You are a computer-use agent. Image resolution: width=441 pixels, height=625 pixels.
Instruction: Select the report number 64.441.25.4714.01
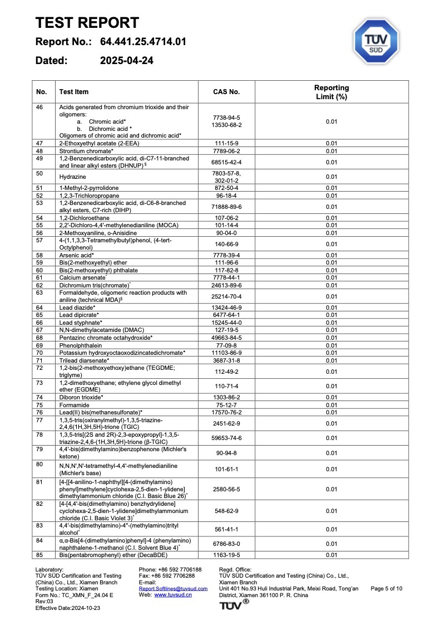pos(143,42)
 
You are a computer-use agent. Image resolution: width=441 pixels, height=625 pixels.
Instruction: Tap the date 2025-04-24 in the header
pos(127,60)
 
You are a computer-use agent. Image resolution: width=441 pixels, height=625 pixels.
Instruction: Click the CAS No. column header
pos(226,92)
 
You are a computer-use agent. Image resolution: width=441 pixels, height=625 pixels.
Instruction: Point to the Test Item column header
pos(74,92)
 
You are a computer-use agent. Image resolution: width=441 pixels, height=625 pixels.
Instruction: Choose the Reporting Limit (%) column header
pos(331,92)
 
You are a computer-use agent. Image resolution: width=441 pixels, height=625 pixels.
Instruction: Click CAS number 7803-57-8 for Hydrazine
pos(226,173)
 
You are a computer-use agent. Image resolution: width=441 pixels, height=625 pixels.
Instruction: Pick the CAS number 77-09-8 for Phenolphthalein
pos(226,345)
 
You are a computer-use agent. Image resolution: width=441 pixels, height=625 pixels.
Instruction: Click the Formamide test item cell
pos(73,405)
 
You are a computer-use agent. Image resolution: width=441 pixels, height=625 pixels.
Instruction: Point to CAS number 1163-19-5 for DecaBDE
pos(226,555)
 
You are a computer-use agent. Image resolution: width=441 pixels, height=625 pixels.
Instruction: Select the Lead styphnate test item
pos(81,323)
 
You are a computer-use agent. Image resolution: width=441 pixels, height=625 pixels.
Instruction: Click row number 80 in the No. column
pos(39,464)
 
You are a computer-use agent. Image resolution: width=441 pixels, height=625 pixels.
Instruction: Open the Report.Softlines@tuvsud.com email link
pos(173,588)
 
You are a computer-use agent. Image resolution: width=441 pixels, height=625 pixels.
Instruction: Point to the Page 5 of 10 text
pos(386,588)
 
